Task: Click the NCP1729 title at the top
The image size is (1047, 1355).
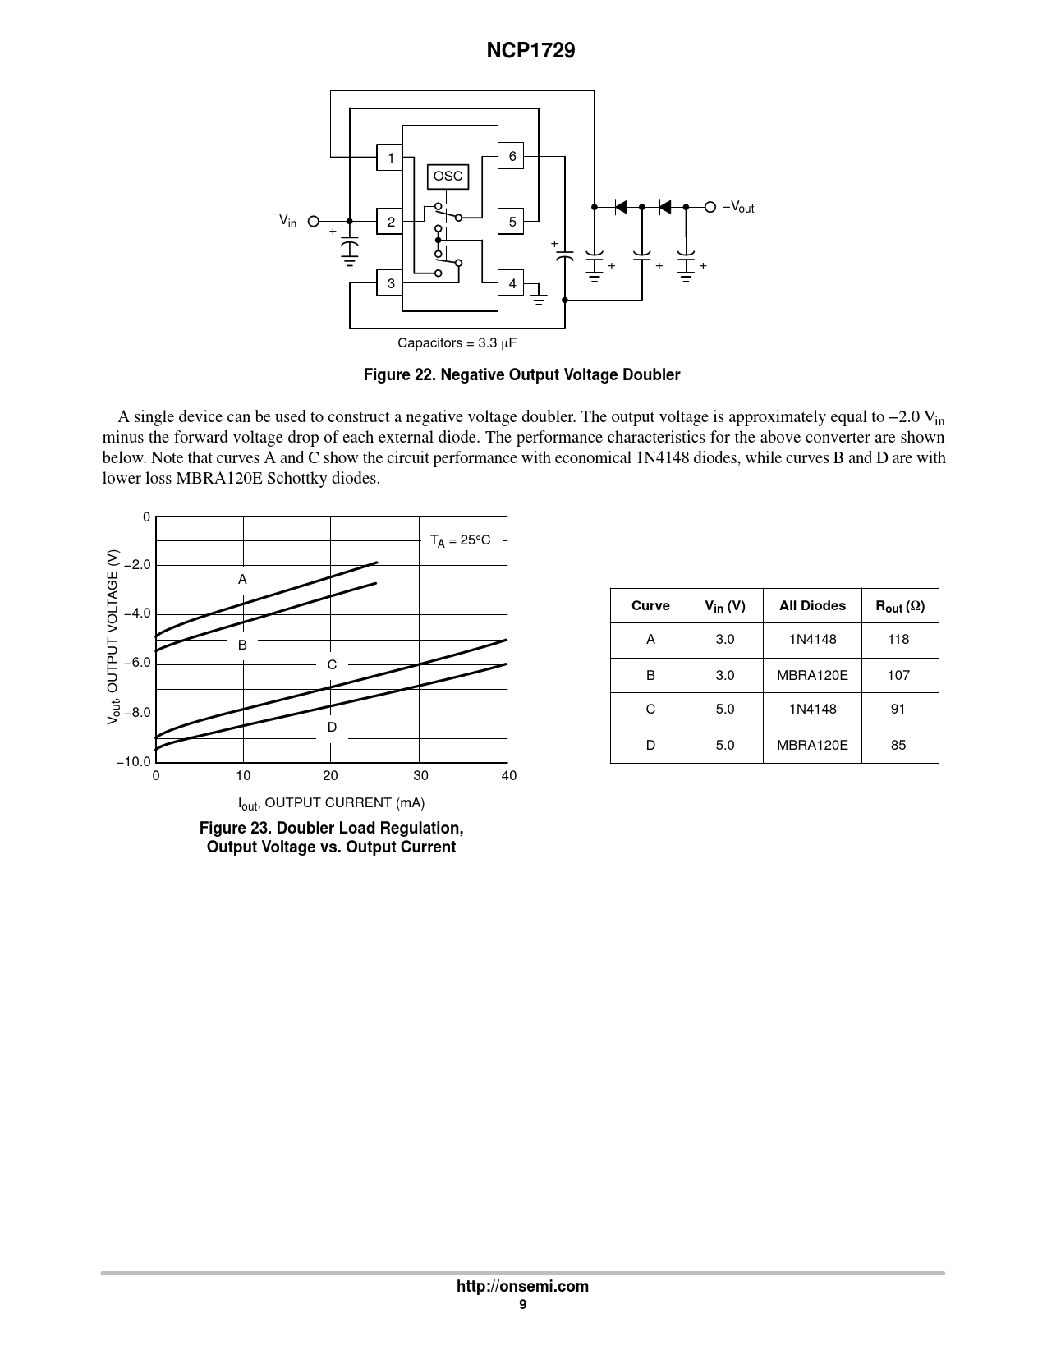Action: pos(530,51)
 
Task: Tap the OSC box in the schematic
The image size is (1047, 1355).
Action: pos(448,177)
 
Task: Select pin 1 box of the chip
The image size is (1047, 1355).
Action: pos(390,158)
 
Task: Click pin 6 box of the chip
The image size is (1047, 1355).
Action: pos(511,156)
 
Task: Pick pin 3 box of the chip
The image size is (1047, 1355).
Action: pos(390,283)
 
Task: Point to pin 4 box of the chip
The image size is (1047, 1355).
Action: pos(511,283)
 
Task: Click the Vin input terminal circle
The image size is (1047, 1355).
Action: pos(313,221)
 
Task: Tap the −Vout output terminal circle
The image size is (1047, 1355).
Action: pos(710,207)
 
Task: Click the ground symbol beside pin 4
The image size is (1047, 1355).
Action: pos(539,296)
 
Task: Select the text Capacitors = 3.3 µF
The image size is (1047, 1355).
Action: pos(457,342)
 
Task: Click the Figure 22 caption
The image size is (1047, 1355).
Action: pos(522,375)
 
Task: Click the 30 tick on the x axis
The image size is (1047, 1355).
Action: pos(420,775)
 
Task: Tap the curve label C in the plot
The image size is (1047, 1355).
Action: pos(332,664)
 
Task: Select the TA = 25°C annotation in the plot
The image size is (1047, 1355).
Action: pos(460,540)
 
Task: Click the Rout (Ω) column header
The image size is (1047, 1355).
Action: pos(899,606)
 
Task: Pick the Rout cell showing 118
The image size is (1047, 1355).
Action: pos(898,639)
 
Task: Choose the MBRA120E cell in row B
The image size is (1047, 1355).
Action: pos(812,675)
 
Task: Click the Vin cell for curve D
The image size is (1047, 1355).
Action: pos(724,745)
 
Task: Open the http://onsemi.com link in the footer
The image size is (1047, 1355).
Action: pos(522,1286)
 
